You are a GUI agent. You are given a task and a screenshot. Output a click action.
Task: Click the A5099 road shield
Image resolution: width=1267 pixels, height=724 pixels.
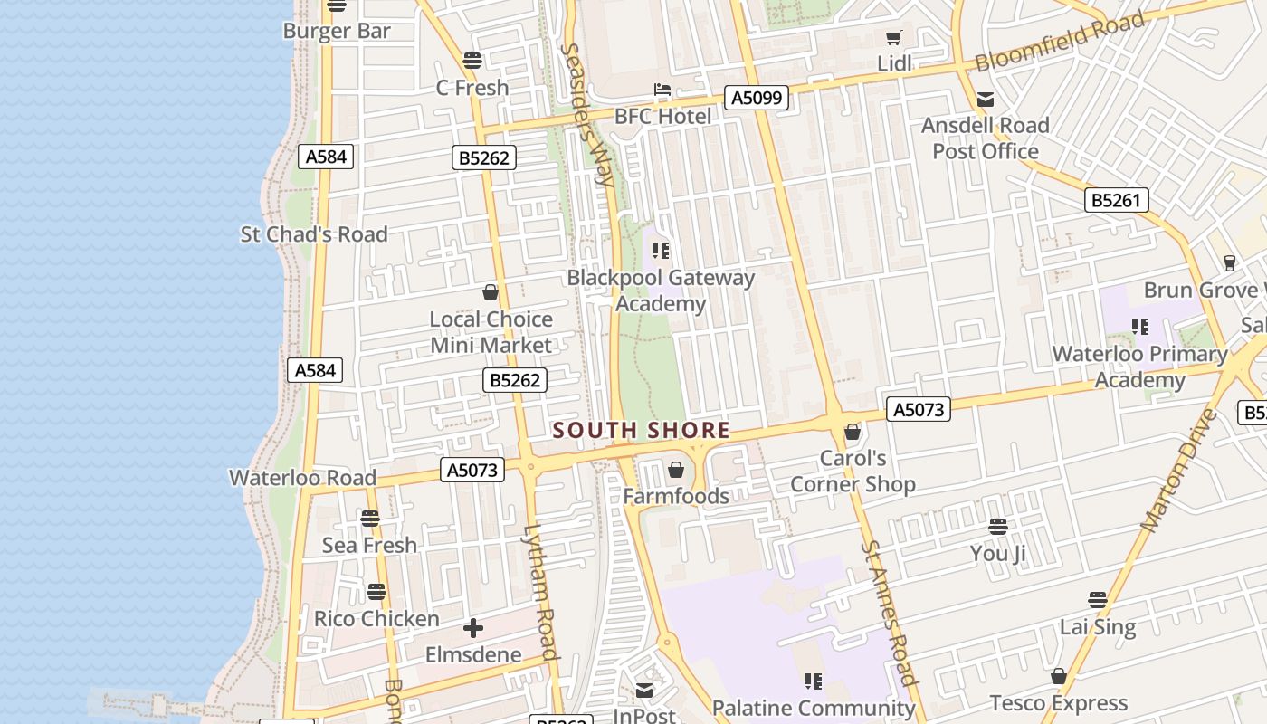(756, 98)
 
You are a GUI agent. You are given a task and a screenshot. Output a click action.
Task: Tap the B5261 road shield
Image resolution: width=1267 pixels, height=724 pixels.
(1116, 200)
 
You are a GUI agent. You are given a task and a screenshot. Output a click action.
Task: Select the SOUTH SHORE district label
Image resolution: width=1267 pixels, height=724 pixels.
(641, 430)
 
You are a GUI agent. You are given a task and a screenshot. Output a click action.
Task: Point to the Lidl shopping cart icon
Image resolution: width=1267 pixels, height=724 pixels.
(894, 38)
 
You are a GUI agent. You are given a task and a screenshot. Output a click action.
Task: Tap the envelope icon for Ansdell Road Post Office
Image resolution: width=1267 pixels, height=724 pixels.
(986, 100)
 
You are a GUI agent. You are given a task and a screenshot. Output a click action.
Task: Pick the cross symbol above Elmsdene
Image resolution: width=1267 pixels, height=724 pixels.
(472, 628)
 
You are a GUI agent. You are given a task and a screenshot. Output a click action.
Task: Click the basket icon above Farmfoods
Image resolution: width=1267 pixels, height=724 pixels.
(675, 470)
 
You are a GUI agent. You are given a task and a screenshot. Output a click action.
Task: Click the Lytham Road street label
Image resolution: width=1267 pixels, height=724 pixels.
(539, 591)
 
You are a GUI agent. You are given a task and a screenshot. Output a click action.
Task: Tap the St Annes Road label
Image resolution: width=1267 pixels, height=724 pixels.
(889, 612)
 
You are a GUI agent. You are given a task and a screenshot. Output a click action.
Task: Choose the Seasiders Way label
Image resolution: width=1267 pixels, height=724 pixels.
(587, 114)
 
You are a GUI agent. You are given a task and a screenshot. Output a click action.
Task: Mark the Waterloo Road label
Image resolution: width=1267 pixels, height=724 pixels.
(302, 478)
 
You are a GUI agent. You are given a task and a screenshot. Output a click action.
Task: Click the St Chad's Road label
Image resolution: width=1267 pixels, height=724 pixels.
(313, 234)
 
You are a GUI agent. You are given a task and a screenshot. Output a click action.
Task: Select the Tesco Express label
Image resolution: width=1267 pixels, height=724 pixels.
(1058, 703)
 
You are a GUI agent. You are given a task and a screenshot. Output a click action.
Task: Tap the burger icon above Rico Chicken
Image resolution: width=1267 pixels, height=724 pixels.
(376, 592)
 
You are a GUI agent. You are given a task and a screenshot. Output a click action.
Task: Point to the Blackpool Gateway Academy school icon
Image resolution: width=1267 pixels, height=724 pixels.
(660, 250)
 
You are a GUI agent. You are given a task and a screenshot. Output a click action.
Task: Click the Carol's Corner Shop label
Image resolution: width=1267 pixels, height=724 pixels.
(853, 472)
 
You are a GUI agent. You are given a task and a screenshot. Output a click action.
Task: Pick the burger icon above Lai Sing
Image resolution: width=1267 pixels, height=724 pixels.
(1097, 600)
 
